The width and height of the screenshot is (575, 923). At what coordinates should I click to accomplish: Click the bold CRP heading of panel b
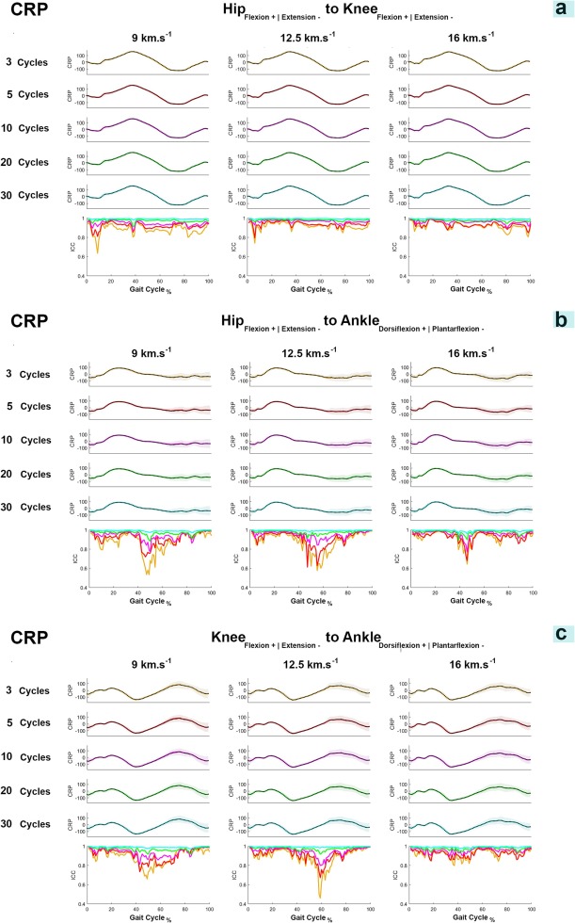pos(29,322)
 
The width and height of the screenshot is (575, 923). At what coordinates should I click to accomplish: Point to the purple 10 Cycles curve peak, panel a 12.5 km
pos(293,119)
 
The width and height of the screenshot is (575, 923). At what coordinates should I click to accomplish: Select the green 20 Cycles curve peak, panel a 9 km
pos(131,153)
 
